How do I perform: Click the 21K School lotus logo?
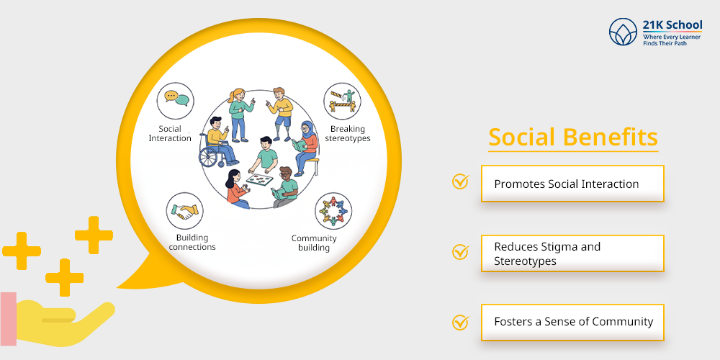coord(624,32)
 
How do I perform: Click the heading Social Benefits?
coord(572,137)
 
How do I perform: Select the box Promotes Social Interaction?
coord(572,184)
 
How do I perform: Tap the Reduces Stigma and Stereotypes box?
coord(572,253)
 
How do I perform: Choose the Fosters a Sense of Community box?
coord(572,322)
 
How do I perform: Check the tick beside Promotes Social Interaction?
coord(460,181)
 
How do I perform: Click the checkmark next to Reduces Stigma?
coord(460,252)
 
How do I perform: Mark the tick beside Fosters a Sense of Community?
coord(460,322)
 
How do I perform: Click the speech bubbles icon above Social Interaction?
coord(175,99)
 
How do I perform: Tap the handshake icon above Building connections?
coord(184,211)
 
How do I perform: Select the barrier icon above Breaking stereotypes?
coord(342,102)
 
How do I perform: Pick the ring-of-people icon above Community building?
coord(333,211)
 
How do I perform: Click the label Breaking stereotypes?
coord(348,133)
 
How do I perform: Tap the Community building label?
coord(314,243)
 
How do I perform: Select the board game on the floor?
coord(261,177)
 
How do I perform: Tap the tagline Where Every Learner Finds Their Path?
coord(672,40)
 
